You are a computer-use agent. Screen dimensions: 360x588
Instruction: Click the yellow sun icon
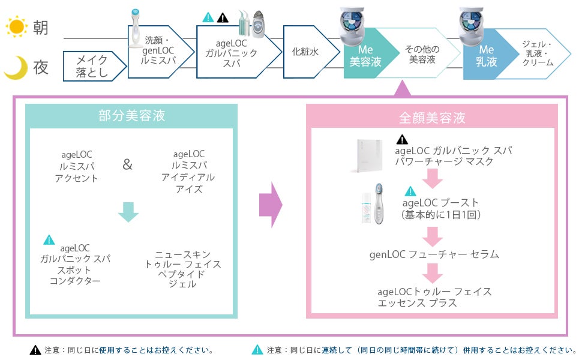coord(16,27)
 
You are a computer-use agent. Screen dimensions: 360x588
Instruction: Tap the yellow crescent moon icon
coord(15,68)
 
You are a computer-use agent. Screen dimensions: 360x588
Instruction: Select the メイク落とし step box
coord(91,65)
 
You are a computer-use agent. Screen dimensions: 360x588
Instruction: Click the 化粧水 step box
coord(305,52)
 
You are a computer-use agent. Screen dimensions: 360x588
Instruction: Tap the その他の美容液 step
coord(422,55)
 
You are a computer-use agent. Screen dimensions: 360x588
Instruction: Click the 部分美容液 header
coord(131,116)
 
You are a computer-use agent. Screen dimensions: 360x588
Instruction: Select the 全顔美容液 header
coord(432,118)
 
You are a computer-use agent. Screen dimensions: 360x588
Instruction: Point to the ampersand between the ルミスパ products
coord(127,164)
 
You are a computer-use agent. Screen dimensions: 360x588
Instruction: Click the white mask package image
coord(365,155)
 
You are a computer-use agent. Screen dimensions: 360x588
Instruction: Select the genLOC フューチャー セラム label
coord(434,254)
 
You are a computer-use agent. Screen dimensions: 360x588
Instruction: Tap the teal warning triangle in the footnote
coord(257,350)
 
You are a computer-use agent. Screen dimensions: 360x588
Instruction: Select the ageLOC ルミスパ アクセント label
coord(77,166)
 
